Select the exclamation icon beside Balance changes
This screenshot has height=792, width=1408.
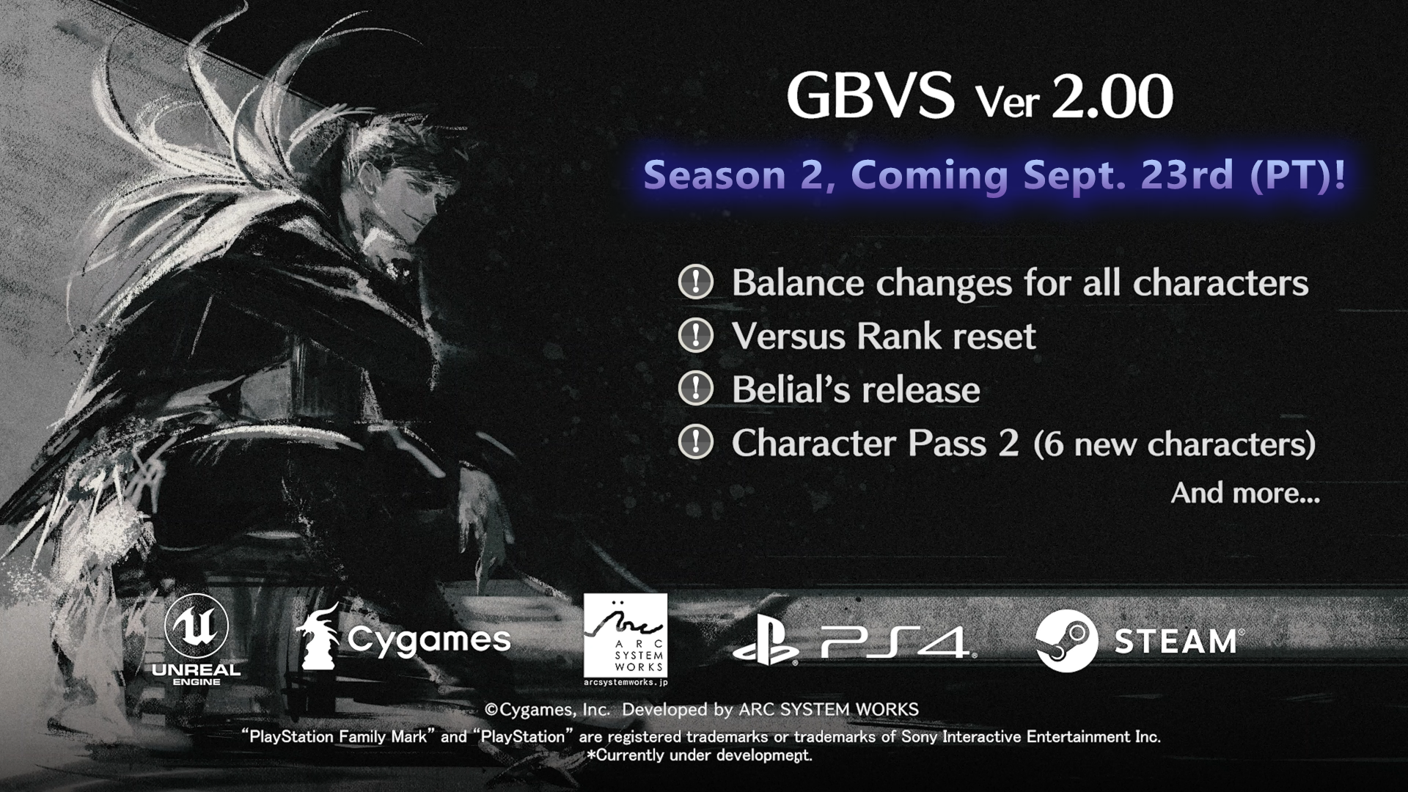(x=695, y=282)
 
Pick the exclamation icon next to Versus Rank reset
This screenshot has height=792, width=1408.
(x=695, y=336)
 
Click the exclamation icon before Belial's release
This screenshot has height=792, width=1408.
(x=695, y=389)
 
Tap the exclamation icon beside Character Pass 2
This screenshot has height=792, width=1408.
(x=695, y=443)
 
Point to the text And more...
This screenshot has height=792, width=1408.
(x=1245, y=493)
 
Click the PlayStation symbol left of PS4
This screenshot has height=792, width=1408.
(x=766, y=643)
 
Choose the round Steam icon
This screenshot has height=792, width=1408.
(x=1067, y=641)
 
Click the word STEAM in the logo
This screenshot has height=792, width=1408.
(x=1176, y=642)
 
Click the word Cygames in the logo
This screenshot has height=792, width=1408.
(x=429, y=640)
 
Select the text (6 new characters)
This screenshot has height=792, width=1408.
(x=1174, y=444)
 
